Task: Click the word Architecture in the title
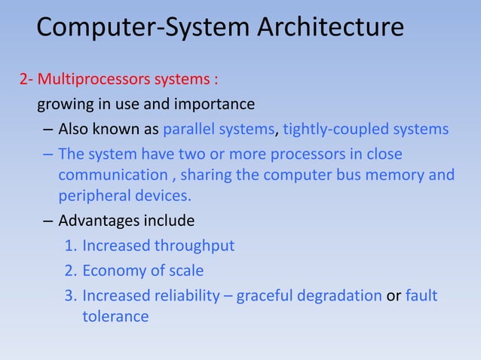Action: click(331, 28)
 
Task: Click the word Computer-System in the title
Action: click(144, 28)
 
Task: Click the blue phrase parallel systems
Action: click(219, 129)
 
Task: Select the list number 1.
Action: click(69, 246)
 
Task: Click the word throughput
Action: click(194, 246)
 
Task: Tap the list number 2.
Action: click(69, 270)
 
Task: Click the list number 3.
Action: click(69, 294)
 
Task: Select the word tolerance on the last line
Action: click(115, 316)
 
